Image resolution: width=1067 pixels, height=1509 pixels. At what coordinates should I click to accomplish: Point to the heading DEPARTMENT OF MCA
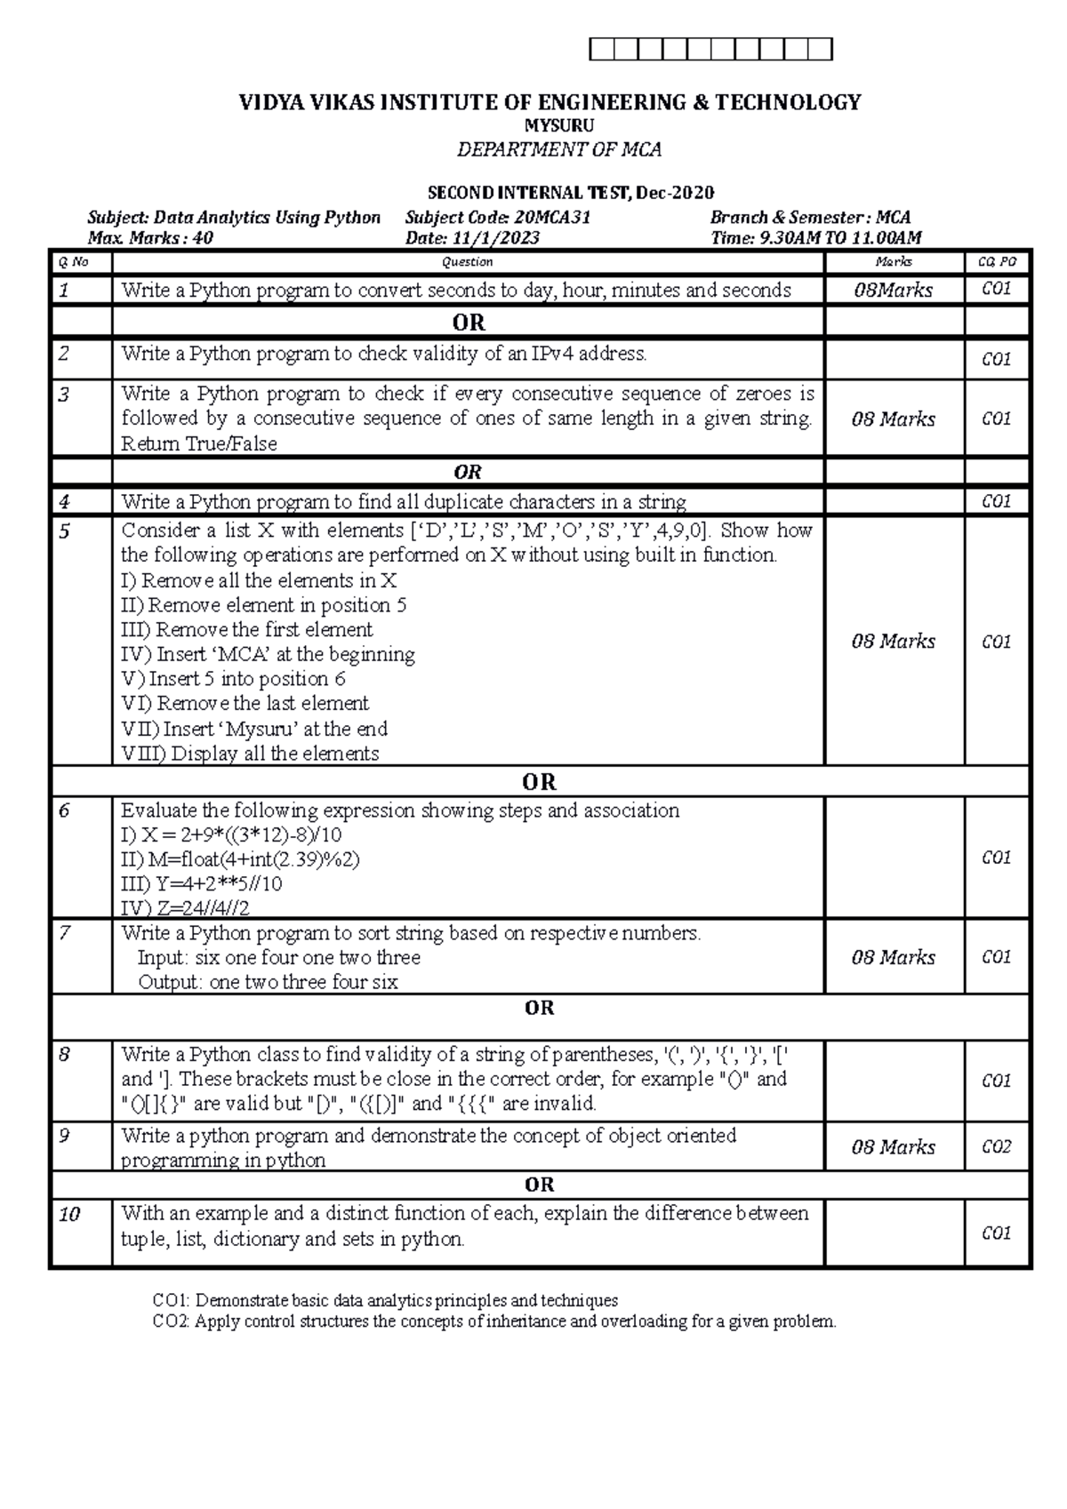coord(558,149)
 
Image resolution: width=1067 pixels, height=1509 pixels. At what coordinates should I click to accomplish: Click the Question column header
coord(468,262)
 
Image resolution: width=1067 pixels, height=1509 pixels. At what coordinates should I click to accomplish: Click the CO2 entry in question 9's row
coord(996,1147)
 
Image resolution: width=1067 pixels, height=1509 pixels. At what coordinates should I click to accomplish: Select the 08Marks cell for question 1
coord(893,291)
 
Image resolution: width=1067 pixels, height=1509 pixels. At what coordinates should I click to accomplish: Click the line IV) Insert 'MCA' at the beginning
coord(268,655)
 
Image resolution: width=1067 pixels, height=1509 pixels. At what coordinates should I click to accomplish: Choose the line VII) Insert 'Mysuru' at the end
coord(254,730)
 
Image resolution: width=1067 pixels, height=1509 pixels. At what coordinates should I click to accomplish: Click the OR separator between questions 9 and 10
coord(539,1185)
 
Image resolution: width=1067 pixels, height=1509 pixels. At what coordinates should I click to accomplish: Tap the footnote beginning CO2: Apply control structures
coord(494,1321)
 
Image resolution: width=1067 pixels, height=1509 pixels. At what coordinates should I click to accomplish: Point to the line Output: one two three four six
coord(268,982)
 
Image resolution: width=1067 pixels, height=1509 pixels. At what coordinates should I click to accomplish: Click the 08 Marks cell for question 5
coord(893,642)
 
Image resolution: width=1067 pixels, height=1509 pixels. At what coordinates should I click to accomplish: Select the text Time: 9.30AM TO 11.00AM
coord(815,238)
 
